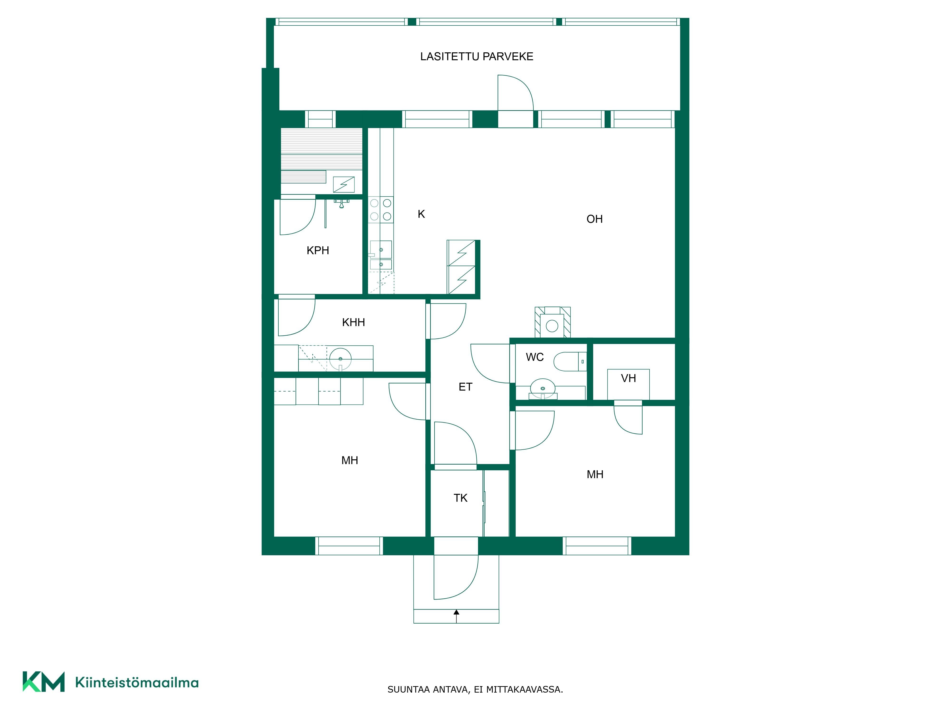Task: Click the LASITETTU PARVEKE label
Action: click(476, 56)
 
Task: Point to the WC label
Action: click(535, 357)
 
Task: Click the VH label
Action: click(629, 378)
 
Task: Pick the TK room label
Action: click(461, 498)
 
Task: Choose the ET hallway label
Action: click(466, 387)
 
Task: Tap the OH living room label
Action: click(595, 219)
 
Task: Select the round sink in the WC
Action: click(543, 387)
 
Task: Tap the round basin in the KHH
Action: click(340, 358)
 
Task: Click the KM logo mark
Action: click(44, 682)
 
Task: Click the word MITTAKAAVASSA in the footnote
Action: click(524, 689)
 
